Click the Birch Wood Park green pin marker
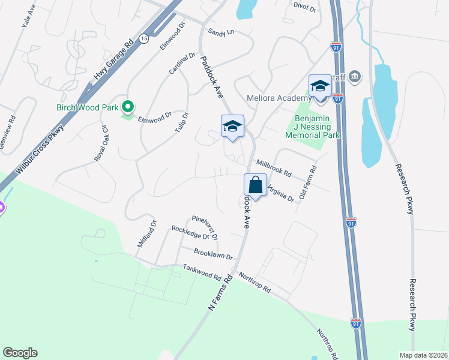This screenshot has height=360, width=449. pos(127,107)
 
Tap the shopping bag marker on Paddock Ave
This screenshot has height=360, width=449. pos(255,186)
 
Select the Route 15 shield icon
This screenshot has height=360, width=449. pos(143,38)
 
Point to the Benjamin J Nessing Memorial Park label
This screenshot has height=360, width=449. pos(317,127)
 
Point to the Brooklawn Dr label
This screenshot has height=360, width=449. pos(213,256)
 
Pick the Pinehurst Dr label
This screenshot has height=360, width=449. pos(204,227)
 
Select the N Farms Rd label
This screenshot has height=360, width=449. pos(220,292)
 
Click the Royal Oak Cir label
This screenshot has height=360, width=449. pos(100,145)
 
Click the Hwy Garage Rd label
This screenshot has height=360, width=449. pos(113,61)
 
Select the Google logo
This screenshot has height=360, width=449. pos(20,353)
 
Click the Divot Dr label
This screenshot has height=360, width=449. pos(305,7)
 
